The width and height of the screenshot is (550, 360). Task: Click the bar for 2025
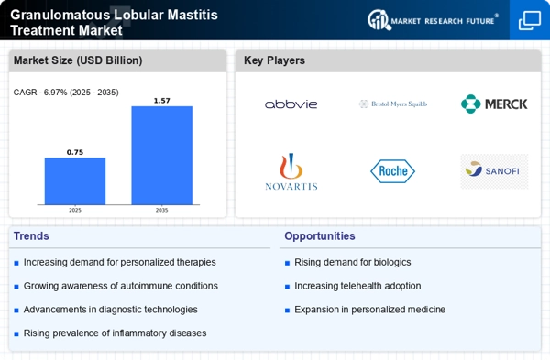coord(75,182)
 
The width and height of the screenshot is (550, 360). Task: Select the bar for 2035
coord(161,157)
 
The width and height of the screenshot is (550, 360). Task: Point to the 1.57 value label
coord(161,100)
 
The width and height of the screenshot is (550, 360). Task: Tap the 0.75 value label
coord(75,152)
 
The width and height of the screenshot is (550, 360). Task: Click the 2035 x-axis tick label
coord(161,211)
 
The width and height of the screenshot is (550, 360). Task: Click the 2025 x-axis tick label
coord(75,211)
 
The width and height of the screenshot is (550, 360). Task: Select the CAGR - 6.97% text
coord(66,92)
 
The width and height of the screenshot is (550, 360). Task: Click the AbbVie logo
coord(291,104)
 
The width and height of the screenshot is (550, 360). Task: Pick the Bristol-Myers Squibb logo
coord(392,104)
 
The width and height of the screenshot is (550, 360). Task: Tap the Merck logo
coord(494,104)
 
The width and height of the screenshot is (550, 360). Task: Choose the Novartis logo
coord(291,172)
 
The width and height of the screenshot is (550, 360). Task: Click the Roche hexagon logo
coord(392,171)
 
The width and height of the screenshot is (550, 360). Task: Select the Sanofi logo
coord(494,170)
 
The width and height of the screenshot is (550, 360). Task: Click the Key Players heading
coord(274,60)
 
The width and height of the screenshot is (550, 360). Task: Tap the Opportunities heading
coord(320,236)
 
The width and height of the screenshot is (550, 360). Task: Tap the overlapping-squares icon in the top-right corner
coord(529,20)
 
